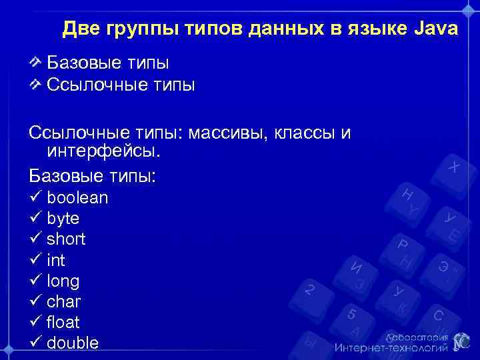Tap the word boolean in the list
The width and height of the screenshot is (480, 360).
pos(77,198)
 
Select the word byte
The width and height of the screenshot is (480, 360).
pos(63,219)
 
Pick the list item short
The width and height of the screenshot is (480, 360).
pos(66,239)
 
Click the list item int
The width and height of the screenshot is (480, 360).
pos(56,260)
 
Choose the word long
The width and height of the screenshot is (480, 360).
pos(63,281)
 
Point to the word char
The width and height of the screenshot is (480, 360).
pos(63,301)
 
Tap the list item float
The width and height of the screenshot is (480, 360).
pos(63,322)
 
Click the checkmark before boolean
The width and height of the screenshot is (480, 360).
pos(35,198)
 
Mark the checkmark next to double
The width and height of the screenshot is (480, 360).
pos(35,343)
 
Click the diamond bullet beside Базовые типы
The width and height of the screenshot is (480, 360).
pos(37,63)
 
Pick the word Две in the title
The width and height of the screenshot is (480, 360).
pos(80,29)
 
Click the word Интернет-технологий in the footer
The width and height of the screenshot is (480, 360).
pos(390,347)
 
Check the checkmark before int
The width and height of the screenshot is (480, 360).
pos(35,260)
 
